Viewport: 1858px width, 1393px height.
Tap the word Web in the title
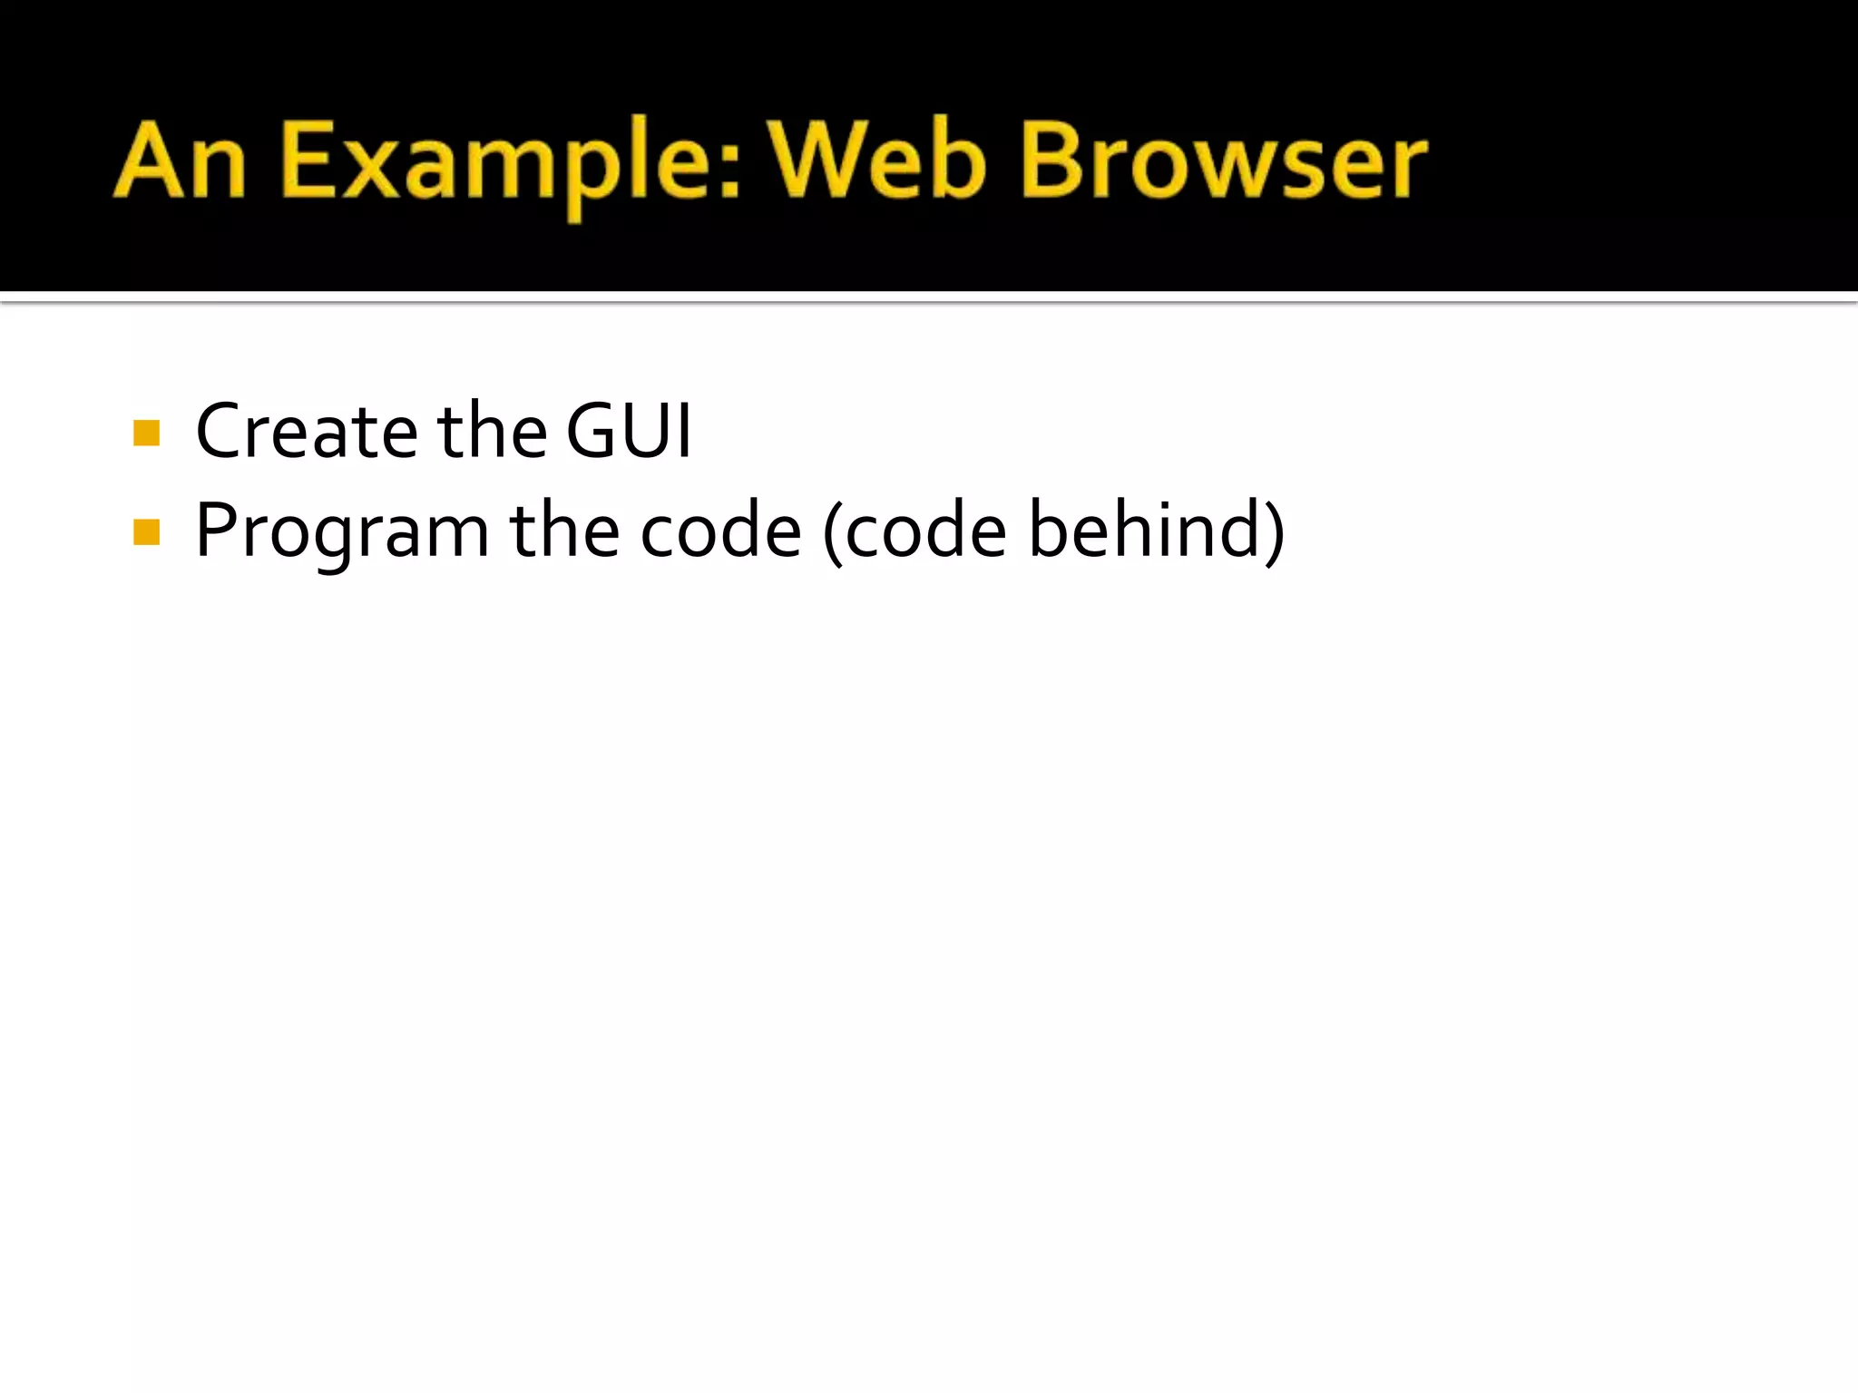[878, 161]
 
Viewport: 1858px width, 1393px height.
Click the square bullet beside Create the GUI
[146, 433]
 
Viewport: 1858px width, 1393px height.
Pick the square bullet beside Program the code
[146, 532]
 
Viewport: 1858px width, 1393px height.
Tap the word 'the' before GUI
[493, 431]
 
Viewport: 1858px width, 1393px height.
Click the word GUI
[629, 431]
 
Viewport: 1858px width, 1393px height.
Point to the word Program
[342, 532]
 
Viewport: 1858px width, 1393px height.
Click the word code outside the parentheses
[721, 531]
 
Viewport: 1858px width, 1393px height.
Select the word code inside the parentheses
[926, 531]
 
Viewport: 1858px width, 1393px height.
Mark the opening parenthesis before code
[833, 532]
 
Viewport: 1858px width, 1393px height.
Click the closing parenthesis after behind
[1274, 532]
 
